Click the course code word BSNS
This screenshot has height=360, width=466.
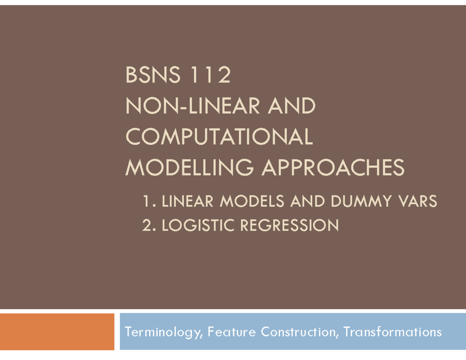(153, 75)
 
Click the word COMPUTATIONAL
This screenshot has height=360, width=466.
(219, 136)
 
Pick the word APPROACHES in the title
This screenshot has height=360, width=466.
(333, 167)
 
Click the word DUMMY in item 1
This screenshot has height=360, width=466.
(362, 201)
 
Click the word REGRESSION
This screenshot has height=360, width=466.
(290, 225)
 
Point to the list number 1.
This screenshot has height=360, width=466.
(149, 201)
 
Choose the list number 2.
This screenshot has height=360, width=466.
(149, 225)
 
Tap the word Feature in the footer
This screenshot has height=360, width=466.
(231, 332)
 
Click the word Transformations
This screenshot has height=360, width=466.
(393, 332)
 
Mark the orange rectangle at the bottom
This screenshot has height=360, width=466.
(57, 332)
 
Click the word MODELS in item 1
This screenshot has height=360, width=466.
(252, 201)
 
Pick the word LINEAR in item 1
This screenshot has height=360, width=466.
(188, 201)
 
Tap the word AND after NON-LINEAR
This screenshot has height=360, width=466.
(292, 106)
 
